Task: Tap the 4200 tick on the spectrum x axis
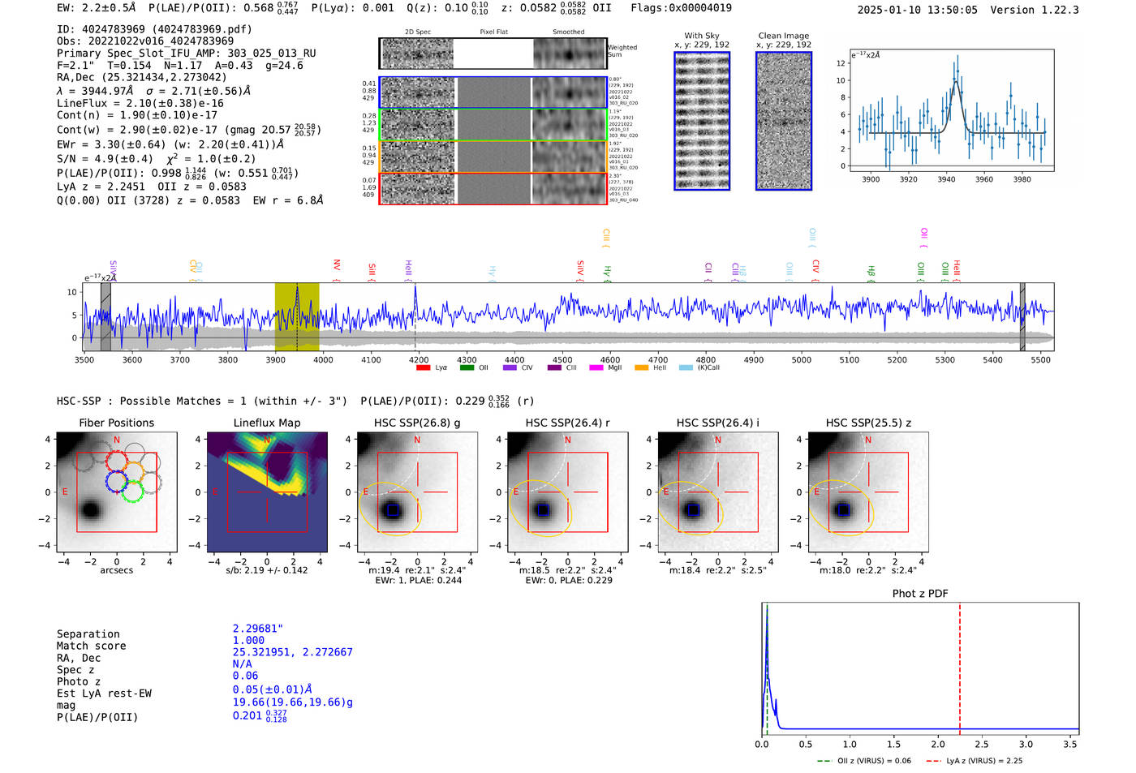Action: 419,359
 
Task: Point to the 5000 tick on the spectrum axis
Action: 802,359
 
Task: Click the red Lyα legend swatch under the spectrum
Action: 423,367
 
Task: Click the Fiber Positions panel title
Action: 116,423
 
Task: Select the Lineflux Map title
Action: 266,423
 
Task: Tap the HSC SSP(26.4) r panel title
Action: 567,423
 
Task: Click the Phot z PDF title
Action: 920,593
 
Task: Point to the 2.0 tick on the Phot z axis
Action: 938,744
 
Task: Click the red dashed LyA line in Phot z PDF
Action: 960,665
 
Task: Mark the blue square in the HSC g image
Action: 393,510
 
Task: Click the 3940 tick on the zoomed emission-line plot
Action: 946,179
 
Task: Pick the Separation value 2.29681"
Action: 258,629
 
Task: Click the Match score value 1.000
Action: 248,640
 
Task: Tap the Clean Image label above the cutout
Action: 783,36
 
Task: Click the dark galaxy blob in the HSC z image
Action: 843,509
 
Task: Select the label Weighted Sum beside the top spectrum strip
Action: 622,51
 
